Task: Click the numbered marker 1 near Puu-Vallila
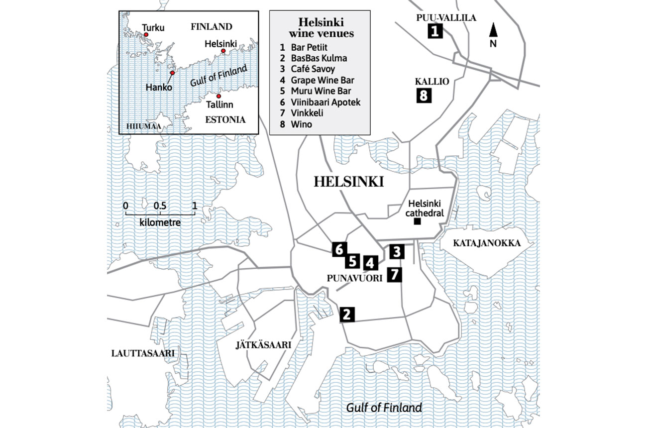(435, 32)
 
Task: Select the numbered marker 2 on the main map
(347, 315)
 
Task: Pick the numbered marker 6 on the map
(339, 249)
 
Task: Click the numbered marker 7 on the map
(394, 274)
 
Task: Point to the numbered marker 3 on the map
(397, 252)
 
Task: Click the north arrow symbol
(493, 31)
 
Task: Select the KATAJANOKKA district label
(486, 243)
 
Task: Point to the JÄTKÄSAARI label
(263, 344)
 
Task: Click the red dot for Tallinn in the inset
(218, 96)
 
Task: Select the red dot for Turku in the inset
(146, 35)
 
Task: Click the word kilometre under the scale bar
(160, 222)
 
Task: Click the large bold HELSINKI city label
(348, 182)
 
